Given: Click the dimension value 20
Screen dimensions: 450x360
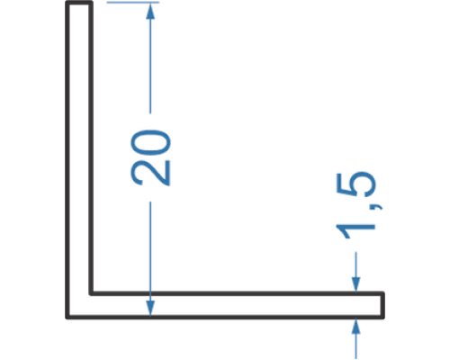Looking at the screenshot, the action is pos(150,157).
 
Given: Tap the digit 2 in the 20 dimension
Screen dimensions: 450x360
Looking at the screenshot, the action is pos(150,173).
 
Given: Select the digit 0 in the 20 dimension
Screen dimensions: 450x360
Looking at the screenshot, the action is pos(150,143).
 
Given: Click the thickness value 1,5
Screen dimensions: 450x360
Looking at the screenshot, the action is pos(356,205).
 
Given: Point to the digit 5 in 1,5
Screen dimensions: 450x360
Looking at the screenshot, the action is pos(356,184).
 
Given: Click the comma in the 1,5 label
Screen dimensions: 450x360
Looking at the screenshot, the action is pos(376,207).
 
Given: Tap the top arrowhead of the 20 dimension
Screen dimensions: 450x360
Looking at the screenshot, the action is pos(150,11).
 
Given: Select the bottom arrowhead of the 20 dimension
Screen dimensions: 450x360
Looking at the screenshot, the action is pos(150,307).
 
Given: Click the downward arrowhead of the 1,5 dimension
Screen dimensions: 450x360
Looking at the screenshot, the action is pos(355,283).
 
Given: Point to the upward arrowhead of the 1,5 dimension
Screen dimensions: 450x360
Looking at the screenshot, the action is pos(355,326).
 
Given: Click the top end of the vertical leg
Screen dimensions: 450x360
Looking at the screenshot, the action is pos(79,3).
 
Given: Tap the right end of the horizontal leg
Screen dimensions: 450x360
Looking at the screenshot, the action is pos(382,305).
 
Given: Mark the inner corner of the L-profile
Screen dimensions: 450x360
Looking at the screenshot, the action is pos(91,293).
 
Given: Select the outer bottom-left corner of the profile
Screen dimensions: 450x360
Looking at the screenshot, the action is pos(67,317).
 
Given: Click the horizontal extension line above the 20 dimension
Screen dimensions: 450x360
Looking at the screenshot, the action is pos(133,3).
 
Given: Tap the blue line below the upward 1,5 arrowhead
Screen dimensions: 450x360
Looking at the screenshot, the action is pos(355,346).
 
